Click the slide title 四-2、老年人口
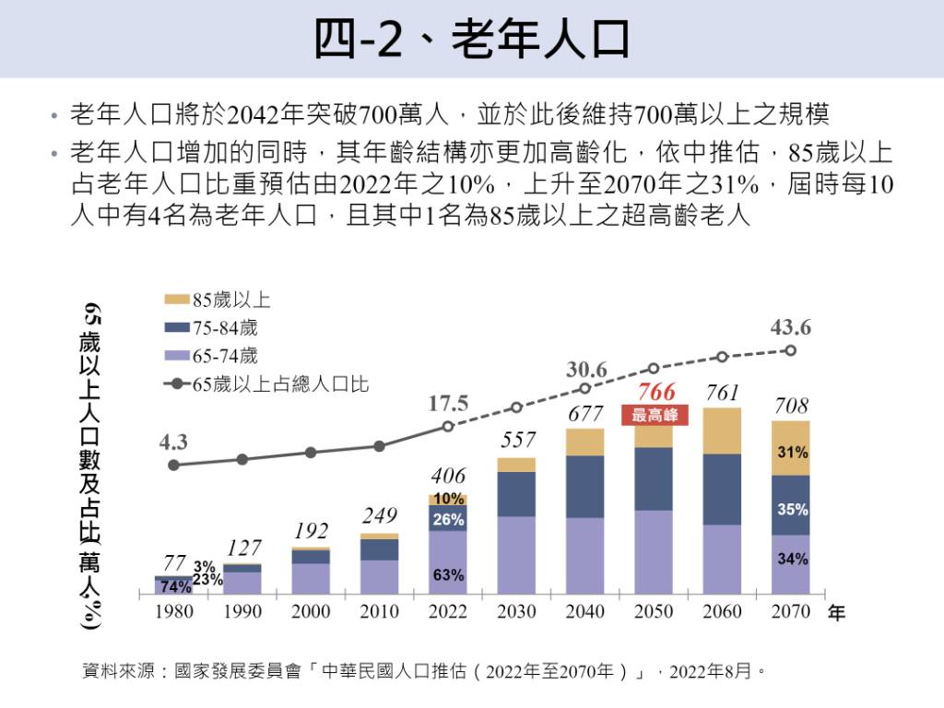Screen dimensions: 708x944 (471, 39)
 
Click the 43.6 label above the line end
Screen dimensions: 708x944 (790, 327)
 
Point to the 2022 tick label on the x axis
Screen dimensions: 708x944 (447, 612)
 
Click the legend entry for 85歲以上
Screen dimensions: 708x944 (218, 300)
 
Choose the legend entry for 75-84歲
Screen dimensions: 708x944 (211, 327)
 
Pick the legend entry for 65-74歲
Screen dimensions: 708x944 (211, 356)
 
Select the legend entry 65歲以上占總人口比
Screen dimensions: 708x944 (266, 384)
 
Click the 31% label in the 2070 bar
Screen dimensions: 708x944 (792, 453)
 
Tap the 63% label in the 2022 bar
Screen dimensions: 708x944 (447, 575)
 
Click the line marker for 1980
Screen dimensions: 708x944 (173, 466)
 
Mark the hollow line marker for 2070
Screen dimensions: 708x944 (790, 350)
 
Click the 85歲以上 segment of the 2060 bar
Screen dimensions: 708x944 (722, 431)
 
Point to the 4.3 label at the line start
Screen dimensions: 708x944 (173, 442)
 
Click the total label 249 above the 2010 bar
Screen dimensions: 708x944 (379, 514)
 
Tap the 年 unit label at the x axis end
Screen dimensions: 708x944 (836, 613)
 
